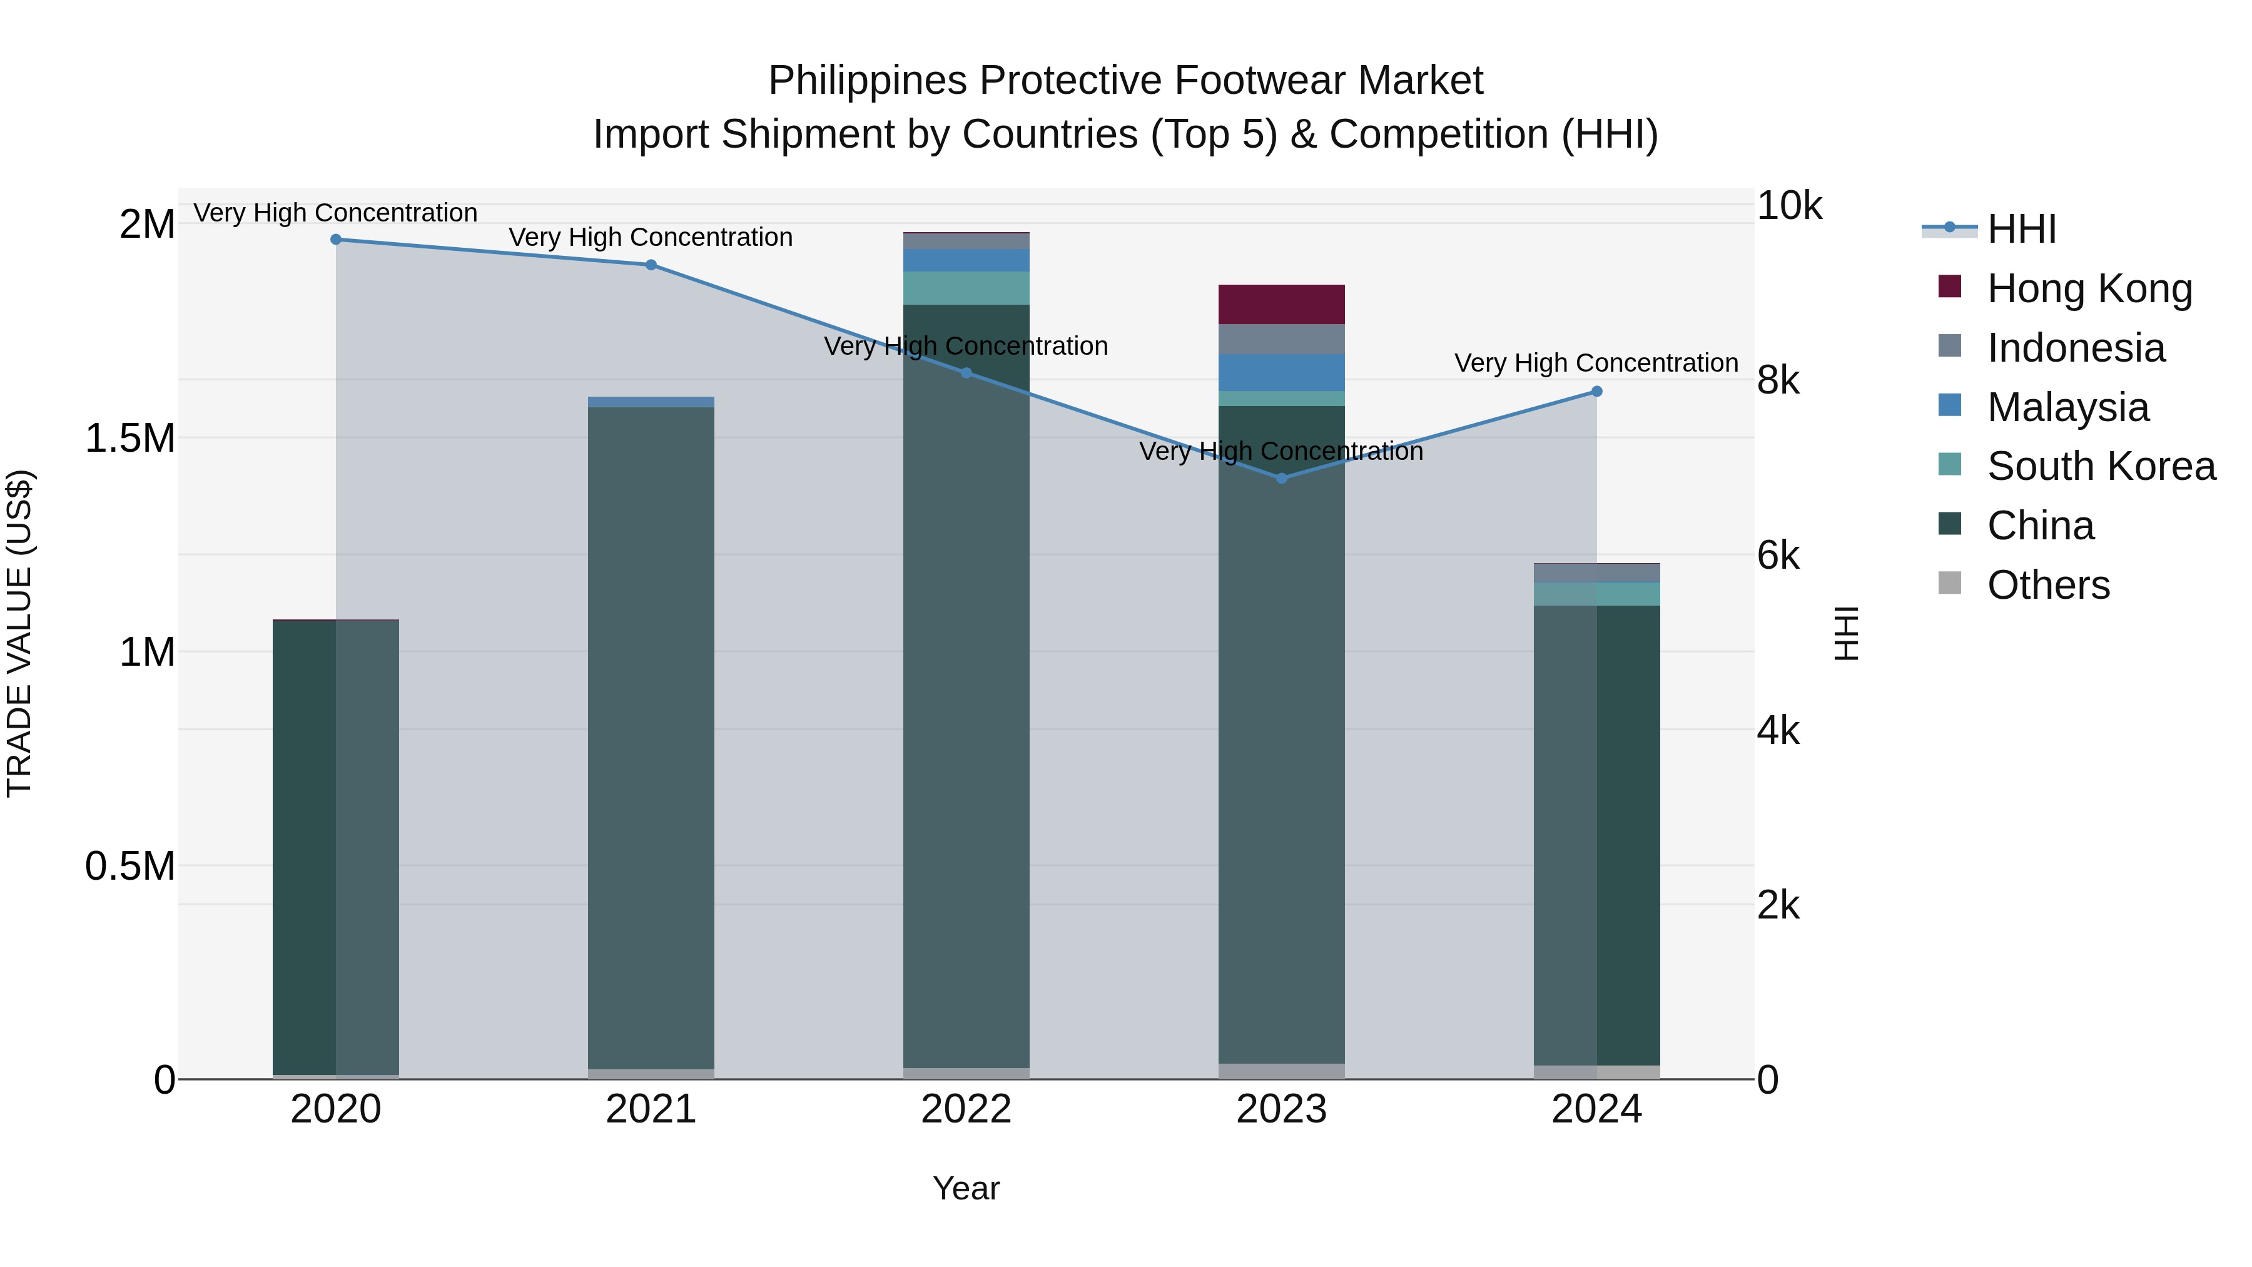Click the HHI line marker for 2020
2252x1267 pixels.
[336, 240]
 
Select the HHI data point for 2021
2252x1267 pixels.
[651, 265]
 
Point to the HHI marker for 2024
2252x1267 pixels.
[1596, 392]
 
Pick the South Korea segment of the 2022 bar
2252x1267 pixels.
[966, 288]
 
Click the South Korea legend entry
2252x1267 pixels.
[2101, 466]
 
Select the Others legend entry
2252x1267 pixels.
[2048, 585]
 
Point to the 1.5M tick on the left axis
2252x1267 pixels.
[130, 438]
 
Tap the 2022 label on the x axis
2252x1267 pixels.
[966, 1109]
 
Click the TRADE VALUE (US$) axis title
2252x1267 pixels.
[19, 633]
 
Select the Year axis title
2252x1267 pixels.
[966, 1188]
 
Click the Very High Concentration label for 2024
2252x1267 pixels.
[1596, 363]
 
